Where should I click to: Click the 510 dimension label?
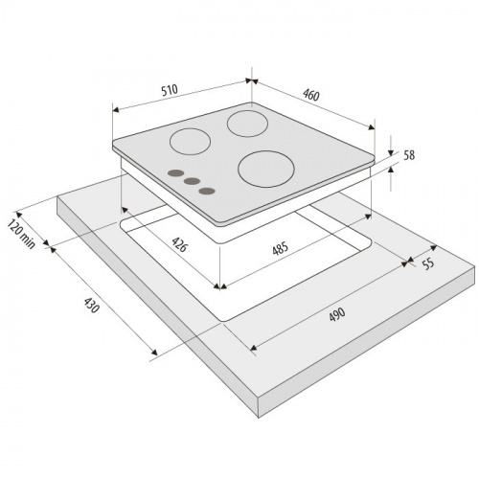tap(170, 90)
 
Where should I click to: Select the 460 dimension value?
tap(311, 95)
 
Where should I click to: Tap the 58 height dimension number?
tap(409, 155)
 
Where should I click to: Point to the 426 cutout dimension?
tap(179, 244)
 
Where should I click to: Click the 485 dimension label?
tap(280, 248)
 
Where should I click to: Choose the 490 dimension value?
tap(336, 314)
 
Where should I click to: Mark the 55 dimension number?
tap(428, 263)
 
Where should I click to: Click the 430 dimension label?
tap(92, 306)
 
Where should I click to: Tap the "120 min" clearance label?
tap(21, 234)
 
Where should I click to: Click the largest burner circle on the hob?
tap(266, 169)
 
